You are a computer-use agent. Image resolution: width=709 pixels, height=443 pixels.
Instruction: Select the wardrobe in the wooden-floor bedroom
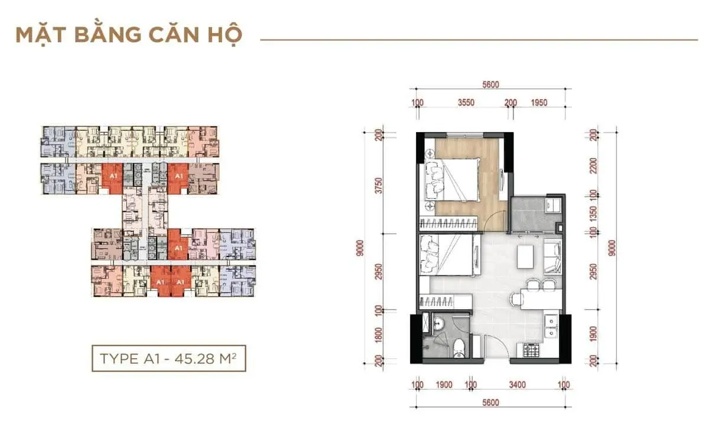(x=449, y=223)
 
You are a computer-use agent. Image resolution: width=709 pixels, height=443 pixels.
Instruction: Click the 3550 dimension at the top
(x=466, y=103)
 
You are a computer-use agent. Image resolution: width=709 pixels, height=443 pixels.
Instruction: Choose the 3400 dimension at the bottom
(x=516, y=385)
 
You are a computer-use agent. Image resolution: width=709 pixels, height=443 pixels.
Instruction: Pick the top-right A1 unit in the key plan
(x=178, y=175)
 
